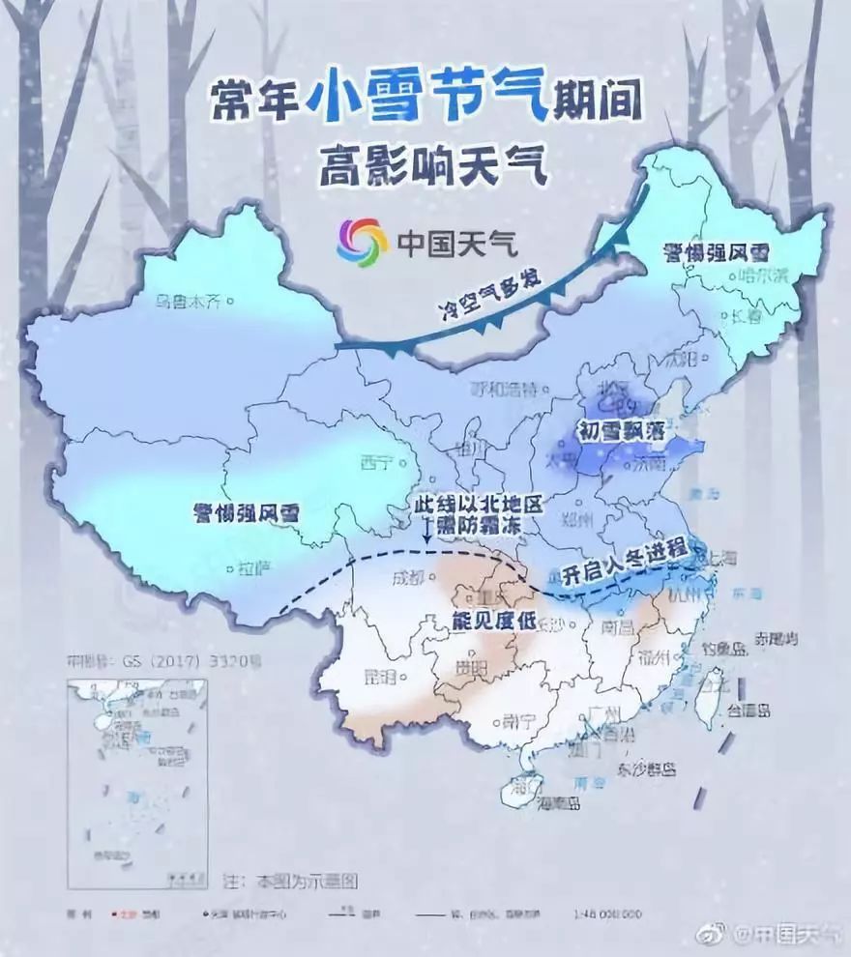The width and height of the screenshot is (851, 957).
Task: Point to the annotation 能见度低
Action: click(x=493, y=622)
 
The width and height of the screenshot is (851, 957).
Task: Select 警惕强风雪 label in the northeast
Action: click(x=715, y=253)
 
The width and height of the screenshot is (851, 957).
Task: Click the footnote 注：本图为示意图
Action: click(x=290, y=883)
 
